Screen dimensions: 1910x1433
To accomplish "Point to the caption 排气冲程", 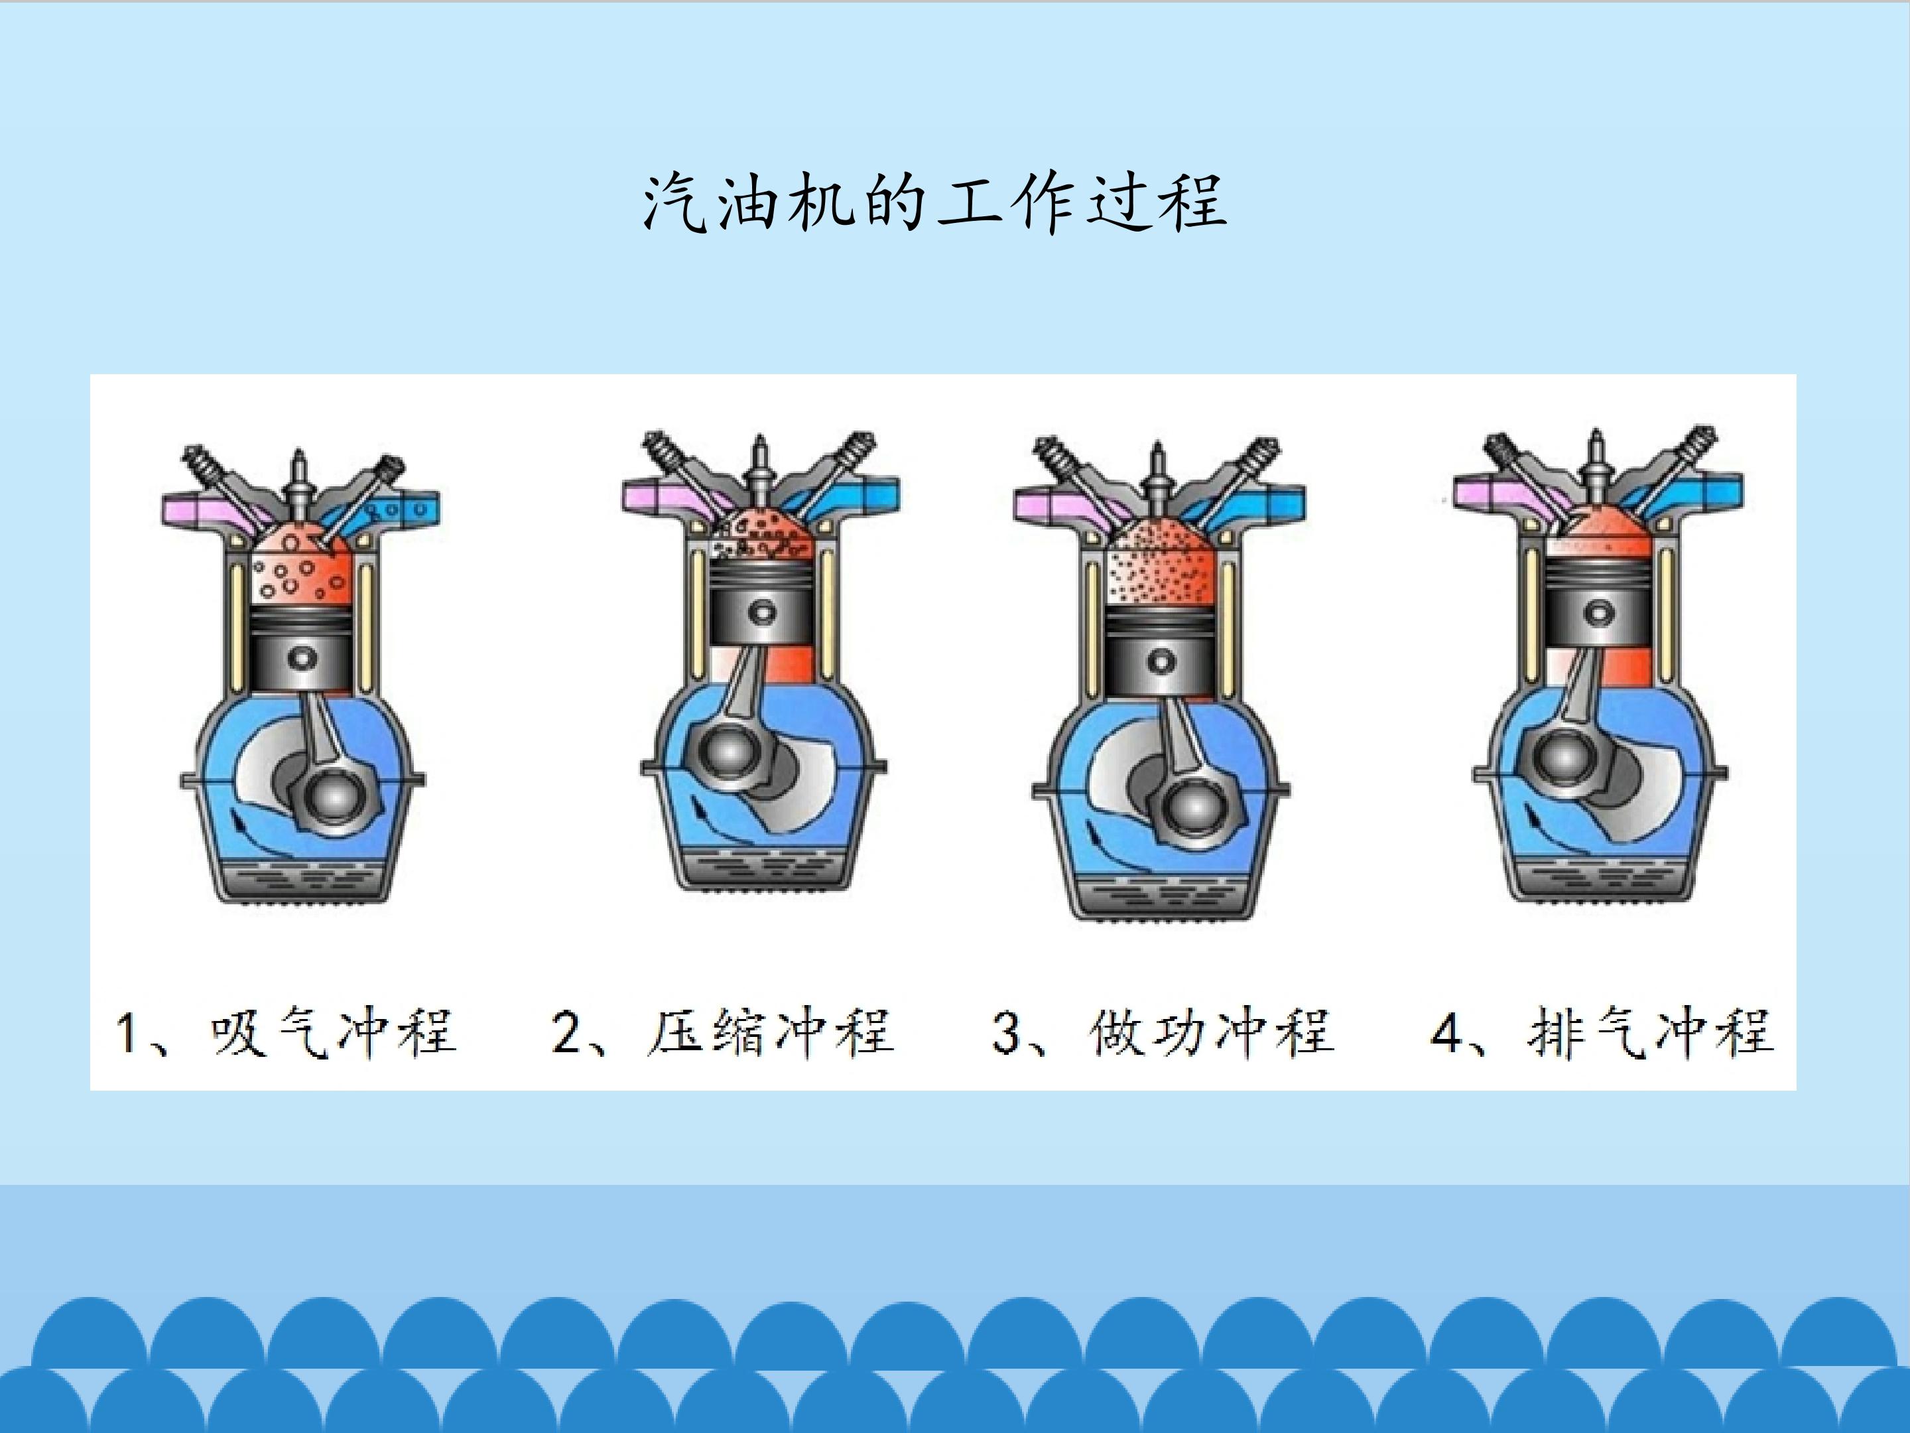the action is coord(1650,1032).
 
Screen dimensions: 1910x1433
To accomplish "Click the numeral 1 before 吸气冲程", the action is coord(128,1034).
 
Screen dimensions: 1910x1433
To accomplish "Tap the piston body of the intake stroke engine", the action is coord(300,648).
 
